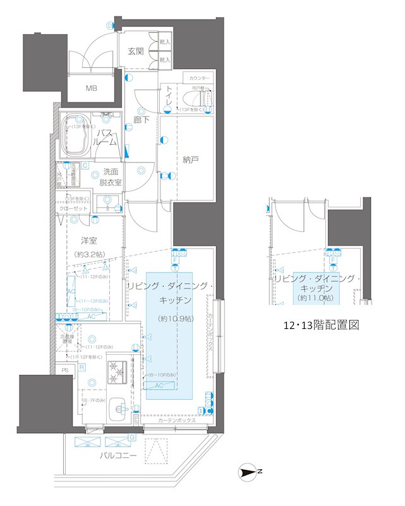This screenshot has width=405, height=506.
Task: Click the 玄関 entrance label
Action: tap(136, 51)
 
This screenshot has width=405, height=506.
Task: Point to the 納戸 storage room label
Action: tap(191, 160)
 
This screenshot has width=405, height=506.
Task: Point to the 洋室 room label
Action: tap(88, 241)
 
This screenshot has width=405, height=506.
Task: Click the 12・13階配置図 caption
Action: tap(321, 326)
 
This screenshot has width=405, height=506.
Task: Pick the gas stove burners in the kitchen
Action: tap(118, 371)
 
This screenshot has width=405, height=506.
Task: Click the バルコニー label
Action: tap(118, 455)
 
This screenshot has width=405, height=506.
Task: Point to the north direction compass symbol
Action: tap(249, 471)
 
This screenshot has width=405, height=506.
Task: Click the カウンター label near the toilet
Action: tap(198, 78)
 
